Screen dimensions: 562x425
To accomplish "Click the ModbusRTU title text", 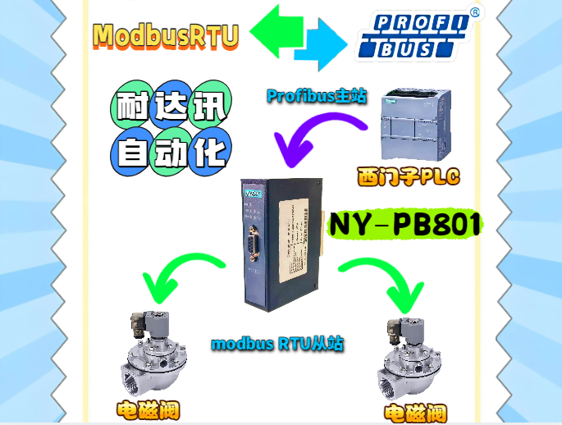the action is [x=166, y=34].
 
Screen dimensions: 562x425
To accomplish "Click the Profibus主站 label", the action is [x=316, y=96].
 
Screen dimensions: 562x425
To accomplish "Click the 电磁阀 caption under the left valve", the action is [x=147, y=410].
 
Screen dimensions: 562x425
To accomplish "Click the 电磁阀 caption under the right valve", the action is [x=416, y=413].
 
